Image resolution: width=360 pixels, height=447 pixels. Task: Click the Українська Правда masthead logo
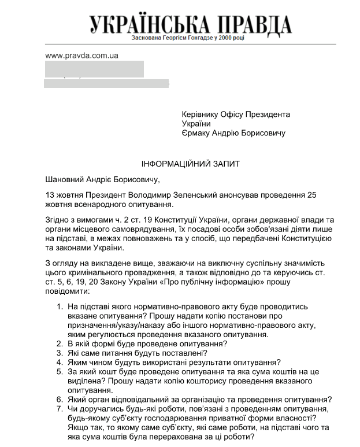tap(191, 24)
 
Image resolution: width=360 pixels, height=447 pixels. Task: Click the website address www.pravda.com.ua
tap(81, 56)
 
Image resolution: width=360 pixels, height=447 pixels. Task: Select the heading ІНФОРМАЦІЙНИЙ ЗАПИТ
tap(191, 164)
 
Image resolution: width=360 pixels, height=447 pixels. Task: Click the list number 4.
tap(60, 362)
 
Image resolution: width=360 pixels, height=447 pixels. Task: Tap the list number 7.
tap(60, 409)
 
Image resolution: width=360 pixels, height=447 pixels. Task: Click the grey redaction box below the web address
tap(94, 69)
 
